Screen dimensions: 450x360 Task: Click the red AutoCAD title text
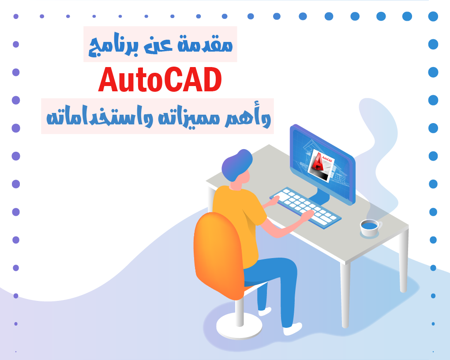pyautogui.click(x=160, y=79)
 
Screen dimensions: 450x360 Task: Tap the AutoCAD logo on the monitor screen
pyautogui.click(x=321, y=165)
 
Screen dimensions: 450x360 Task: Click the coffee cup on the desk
pyautogui.click(x=371, y=228)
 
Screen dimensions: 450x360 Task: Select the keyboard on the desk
pyautogui.click(x=305, y=207)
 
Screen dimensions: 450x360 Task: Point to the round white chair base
pyautogui.click(x=239, y=326)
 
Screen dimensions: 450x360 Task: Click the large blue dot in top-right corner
pyautogui.click(x=433, y=16)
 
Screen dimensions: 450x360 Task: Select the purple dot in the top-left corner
pyautogui.click(x=16, y=16)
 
